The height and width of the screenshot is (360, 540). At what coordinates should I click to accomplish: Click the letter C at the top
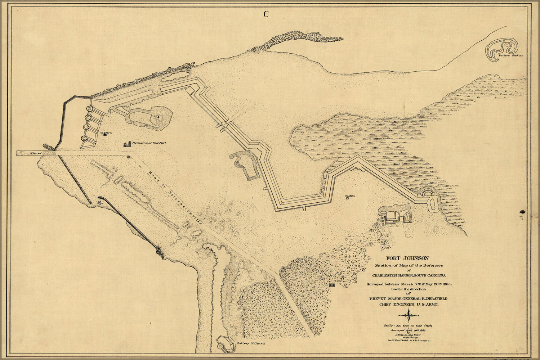[266, 14]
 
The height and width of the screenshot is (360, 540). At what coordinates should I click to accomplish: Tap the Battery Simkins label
[510, 56]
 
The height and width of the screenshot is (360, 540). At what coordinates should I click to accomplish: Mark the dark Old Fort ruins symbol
[127, 144]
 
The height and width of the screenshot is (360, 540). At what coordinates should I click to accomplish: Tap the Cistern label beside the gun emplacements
[106, 133]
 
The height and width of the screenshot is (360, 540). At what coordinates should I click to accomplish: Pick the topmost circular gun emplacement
[89, 109]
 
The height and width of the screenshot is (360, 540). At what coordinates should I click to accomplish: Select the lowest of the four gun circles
[84, 138]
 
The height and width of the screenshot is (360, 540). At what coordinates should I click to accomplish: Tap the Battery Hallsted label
[251, 343]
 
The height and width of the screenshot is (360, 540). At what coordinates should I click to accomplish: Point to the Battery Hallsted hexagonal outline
[224, 344]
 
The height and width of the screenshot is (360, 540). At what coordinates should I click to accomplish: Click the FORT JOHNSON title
[407, 258]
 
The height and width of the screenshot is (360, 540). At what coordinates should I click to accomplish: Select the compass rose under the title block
[410, 315]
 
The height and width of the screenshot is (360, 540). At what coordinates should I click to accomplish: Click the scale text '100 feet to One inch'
[408, 325]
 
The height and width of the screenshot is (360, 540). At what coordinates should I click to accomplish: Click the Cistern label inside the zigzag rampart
[351, 196]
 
